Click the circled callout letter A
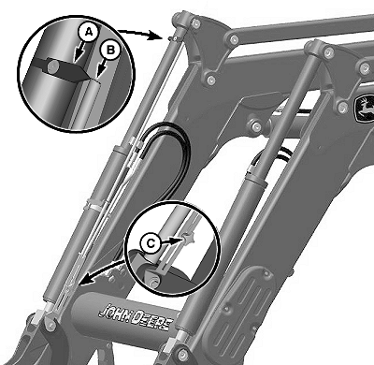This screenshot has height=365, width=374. (89, 32)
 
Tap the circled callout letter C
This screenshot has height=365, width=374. (151, 242)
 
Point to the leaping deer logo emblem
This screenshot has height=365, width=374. (365, 109)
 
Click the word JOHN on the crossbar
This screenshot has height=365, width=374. (115, 313)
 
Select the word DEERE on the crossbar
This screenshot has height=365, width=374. (151, 320)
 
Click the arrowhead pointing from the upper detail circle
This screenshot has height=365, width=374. (159, 36)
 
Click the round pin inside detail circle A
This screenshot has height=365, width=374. (54, 66)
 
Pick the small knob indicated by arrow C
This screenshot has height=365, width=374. (188, 240)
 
